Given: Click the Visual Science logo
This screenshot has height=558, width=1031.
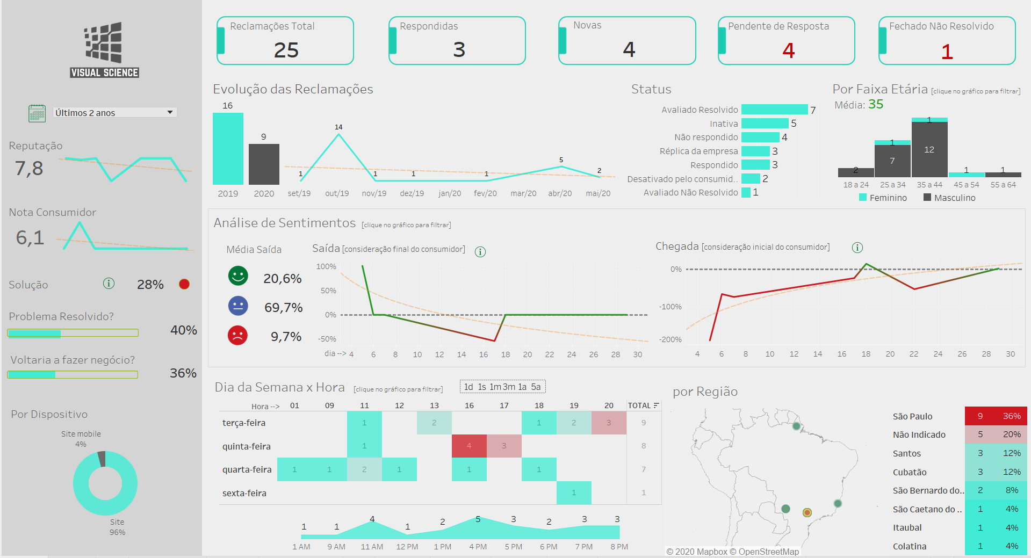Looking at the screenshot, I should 104,50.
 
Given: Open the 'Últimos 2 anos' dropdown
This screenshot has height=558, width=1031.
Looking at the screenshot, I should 114,113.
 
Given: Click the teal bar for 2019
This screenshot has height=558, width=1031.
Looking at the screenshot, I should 228,149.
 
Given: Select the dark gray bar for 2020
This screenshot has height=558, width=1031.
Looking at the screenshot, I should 264,164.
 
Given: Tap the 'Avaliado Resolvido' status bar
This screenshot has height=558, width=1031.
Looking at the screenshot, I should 774,110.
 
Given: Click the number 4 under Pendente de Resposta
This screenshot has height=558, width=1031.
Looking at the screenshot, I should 788,50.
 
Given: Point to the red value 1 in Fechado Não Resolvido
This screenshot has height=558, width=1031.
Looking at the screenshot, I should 947,52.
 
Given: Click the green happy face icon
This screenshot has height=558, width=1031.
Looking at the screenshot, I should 238,276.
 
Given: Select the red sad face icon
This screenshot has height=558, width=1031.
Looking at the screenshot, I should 237,336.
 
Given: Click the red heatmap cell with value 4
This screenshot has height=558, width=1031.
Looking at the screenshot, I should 469,446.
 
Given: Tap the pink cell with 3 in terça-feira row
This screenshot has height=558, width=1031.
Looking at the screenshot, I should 609,423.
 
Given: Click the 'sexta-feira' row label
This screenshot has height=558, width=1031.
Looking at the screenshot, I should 244,493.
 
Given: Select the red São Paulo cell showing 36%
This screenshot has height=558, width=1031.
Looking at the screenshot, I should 1011,416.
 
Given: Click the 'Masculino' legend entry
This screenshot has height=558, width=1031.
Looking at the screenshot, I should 949,198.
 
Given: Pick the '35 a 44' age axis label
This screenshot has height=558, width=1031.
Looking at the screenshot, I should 929,185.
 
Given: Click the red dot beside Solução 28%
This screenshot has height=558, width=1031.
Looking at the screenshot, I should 184,284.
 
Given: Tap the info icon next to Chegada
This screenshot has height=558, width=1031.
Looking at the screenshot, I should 857,248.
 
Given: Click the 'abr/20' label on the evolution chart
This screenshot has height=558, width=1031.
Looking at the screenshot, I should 560,193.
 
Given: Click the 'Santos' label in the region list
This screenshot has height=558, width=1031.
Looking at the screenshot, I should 907,453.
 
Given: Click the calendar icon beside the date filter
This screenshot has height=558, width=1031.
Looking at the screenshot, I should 37,113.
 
